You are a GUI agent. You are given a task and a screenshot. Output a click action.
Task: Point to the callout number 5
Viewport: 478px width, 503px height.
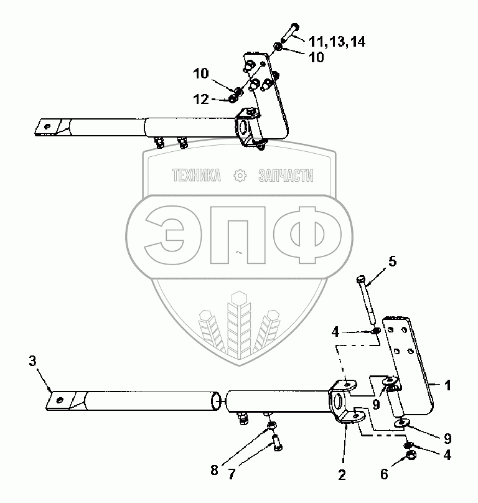393,262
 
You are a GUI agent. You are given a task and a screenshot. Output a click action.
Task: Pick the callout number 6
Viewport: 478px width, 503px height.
383,474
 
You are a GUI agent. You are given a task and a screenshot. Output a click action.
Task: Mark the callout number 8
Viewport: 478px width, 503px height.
214,471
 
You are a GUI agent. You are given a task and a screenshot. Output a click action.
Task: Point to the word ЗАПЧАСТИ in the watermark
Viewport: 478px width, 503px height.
285,177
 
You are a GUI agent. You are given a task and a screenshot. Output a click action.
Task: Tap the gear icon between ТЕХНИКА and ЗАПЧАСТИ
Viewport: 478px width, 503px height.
238,177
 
